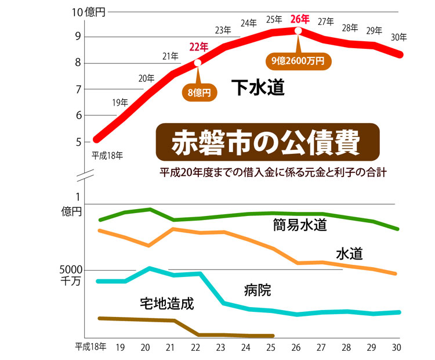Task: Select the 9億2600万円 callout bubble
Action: coord(298,59)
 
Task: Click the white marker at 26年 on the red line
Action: coord(298,30)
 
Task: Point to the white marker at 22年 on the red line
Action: coord(198,63)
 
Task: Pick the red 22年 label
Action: coord(198,46)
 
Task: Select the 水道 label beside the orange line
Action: coord(350,254)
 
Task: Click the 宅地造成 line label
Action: coord(166,303)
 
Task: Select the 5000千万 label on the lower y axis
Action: coord(71,275)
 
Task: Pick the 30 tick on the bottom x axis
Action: coord(396,347)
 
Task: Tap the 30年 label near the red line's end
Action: coord(398,38)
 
